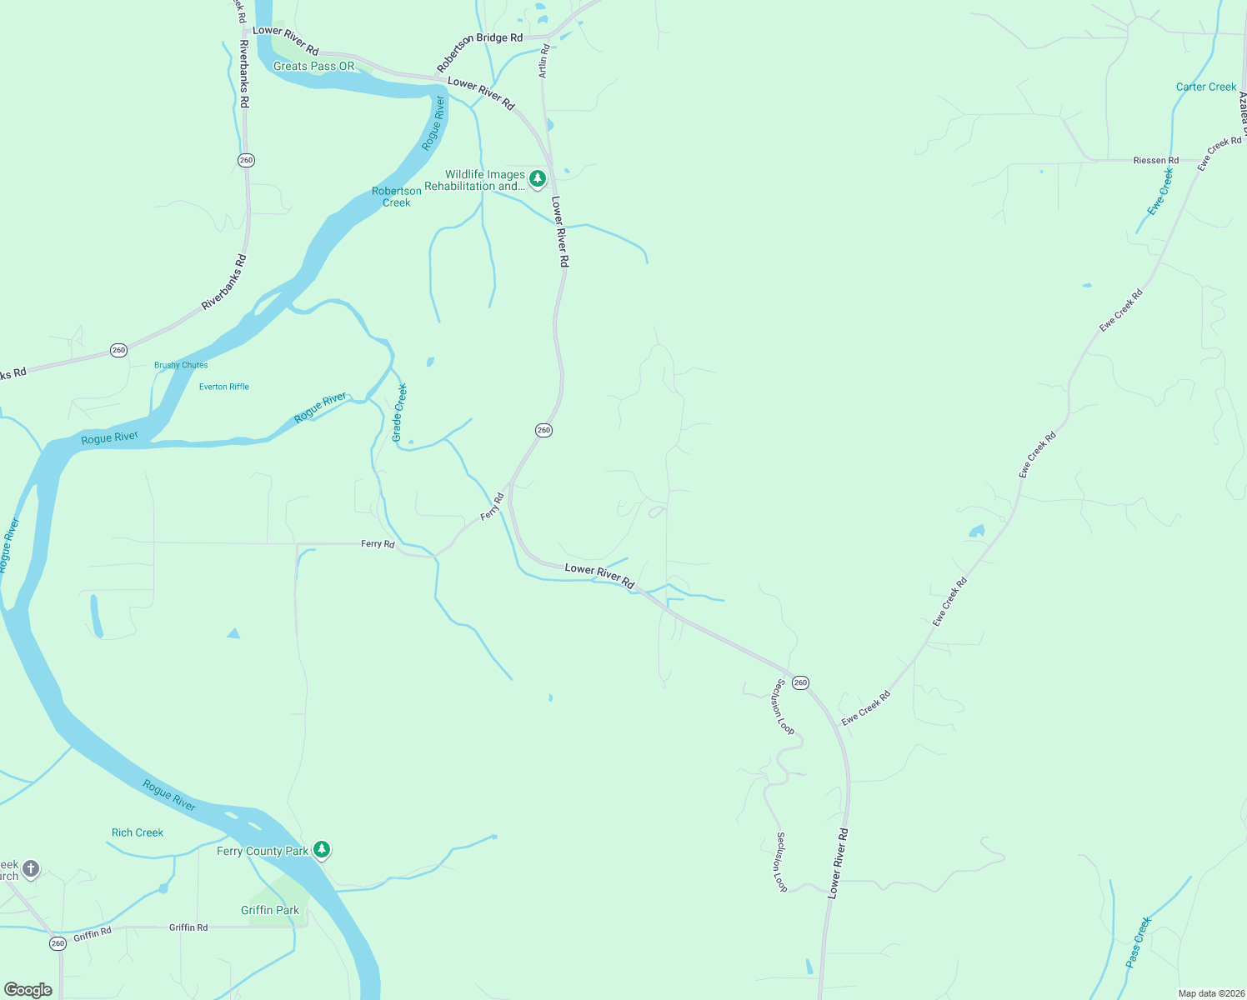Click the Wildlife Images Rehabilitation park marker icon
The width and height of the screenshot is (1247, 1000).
[x=538, y=178]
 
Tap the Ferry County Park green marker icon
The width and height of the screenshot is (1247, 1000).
[x=322, y=850]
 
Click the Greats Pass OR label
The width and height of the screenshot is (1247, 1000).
[x=313, y=66]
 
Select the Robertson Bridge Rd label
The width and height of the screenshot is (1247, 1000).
[x=480, y=49]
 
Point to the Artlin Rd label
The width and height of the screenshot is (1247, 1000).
[x=543, y=61]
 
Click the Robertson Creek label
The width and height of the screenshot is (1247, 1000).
[x=397, y=197]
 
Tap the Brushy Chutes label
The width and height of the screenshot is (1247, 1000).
[x=181, y=365]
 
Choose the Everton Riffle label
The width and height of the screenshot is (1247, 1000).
[x=224, y=387]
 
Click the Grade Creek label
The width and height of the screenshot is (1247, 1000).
[x=399, y=412]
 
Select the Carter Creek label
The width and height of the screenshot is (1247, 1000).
[x=1206, y=87]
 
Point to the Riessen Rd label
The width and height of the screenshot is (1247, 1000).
[x=1156, y=160]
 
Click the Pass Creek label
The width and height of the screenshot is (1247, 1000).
[x=1138, y=942]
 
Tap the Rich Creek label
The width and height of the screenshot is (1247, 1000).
[x=138, y=832]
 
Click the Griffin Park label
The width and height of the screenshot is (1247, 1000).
[x=270, y=910]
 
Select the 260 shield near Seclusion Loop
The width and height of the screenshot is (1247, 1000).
[x=800, y=682]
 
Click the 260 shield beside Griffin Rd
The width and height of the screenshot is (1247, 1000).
[x=58, y=943]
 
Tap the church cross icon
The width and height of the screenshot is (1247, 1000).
[x=31, y=869]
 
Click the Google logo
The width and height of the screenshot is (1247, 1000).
[x=28, y=990]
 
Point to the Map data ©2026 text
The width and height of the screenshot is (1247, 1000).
[x=1209, y=993]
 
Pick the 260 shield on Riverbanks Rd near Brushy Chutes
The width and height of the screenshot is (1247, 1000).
[x=118, y=350]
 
